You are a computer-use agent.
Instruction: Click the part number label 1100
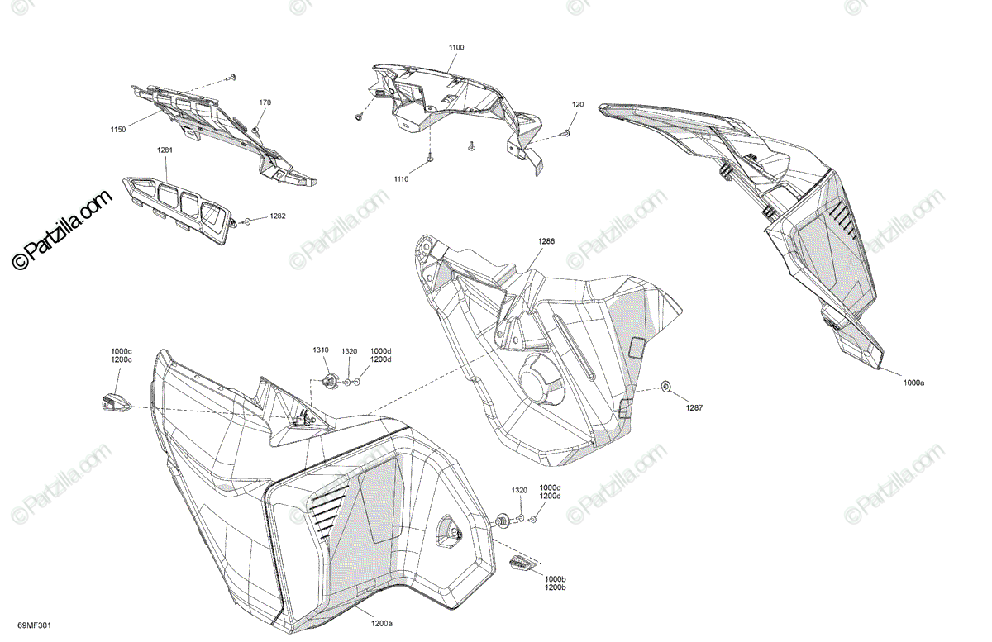coord(456,48)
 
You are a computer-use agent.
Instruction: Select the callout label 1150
coord(119,130)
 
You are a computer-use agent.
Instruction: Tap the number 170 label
coord(265,102)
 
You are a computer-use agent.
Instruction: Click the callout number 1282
coord(278,216)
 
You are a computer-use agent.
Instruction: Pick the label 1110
coord(402,179)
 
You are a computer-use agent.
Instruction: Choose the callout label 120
coord(578,105)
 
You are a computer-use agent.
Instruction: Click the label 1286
coord(546,242)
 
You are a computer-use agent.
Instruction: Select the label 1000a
coord(913,383)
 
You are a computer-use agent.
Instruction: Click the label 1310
coord(321,350)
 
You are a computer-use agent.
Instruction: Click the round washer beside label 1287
coord(665,387)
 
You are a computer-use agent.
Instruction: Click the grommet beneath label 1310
coord(328,381)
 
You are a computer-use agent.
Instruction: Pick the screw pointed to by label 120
coord(563,133)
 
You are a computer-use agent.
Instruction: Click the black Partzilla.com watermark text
coord(61,231)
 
